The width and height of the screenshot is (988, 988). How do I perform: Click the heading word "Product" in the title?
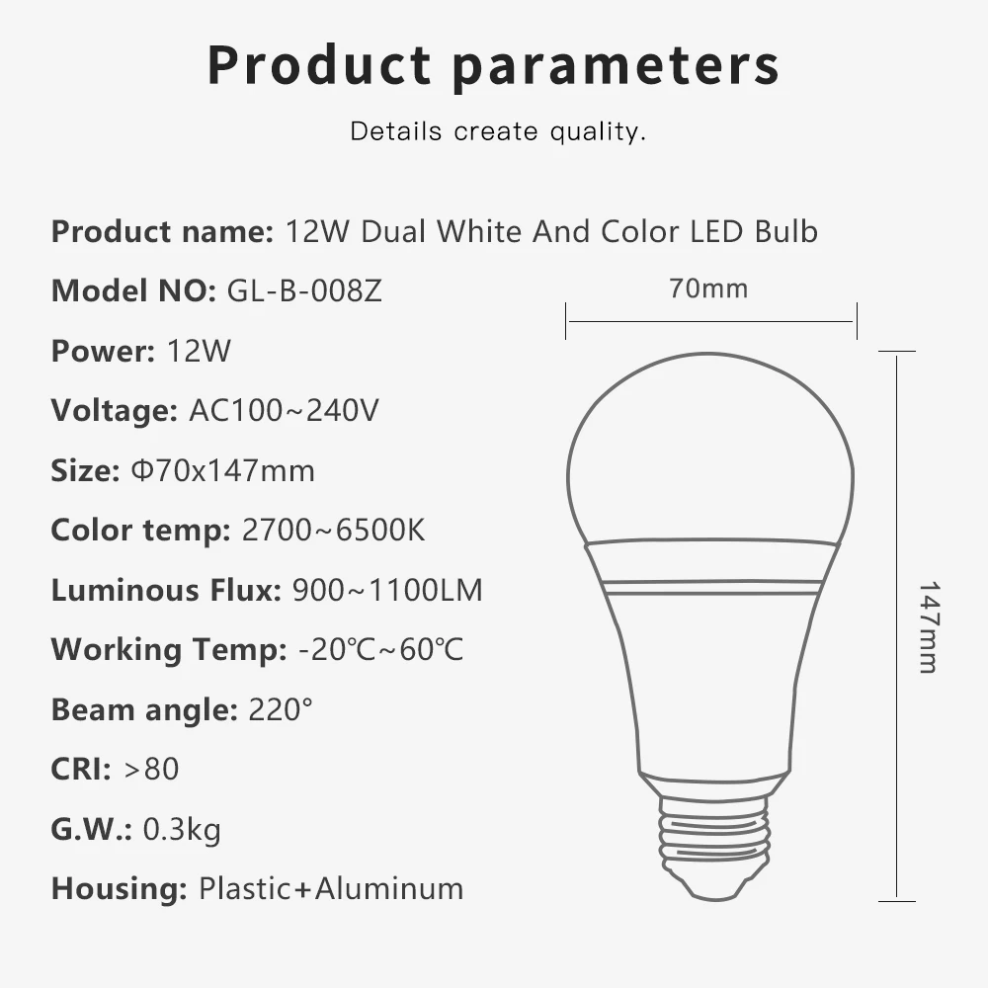319,65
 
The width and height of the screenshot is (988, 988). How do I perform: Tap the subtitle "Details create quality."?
498,131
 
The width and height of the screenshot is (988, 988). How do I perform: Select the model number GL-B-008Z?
304,291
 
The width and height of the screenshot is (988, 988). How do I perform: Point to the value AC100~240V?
284,410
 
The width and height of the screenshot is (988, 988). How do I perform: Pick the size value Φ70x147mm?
222,470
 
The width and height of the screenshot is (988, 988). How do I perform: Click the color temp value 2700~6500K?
333,531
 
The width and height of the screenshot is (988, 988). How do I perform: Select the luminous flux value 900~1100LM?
387,591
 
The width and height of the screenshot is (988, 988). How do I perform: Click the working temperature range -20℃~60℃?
380,650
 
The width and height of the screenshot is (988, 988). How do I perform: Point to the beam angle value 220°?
282,709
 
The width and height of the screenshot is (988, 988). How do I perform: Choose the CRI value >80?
151,769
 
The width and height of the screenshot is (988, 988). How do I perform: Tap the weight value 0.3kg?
182,829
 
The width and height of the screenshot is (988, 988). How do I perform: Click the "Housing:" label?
119,888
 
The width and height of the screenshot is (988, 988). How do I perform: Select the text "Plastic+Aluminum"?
331,888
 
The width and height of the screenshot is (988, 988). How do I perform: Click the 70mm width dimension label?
708,288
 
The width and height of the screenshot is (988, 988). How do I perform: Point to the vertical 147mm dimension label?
928,626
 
